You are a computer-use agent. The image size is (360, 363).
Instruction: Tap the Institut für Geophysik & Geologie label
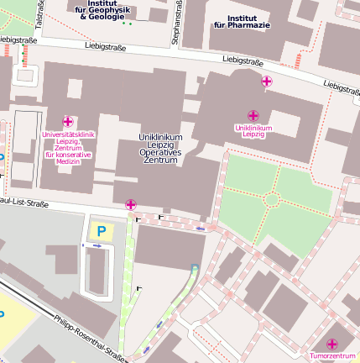(x=107, y=9)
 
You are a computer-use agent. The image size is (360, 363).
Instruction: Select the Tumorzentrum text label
(x=334, y=356)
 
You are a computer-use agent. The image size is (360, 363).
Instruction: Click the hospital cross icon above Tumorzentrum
(x=332, y=345)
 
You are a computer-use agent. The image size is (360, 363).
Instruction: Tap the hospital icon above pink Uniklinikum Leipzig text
(x=253, y=115)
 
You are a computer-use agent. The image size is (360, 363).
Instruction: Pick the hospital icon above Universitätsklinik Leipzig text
(x=68, y=122)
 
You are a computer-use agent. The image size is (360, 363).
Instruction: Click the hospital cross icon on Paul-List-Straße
(x=131, y=204)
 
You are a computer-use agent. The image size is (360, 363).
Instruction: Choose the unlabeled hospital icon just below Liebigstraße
(x=267, y=82)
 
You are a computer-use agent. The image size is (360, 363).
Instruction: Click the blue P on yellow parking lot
(x=102, y=229)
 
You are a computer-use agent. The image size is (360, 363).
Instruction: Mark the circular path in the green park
(x=271, y=199)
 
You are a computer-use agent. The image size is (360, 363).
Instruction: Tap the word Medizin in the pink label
(x=68, y=160)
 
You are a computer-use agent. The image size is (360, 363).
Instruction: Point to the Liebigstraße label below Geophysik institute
(x=107, y=48)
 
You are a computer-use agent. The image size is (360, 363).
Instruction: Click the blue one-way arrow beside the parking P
(x=97, y=245)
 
